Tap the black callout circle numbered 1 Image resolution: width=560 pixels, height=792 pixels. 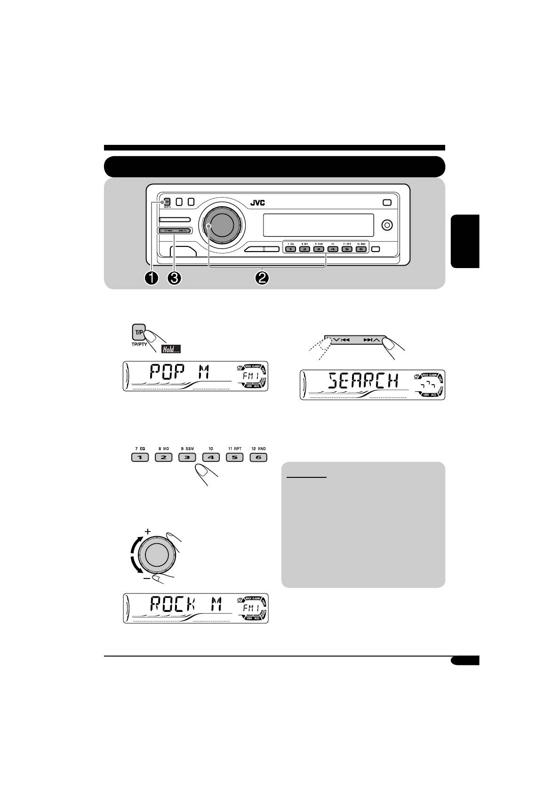click(x=152, y=278)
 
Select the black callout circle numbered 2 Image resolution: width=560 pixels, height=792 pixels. click(x=262, y=278)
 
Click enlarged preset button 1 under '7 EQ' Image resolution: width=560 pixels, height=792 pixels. click(x=139, y=457)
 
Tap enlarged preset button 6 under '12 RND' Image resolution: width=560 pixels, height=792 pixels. click(x=258, y=457)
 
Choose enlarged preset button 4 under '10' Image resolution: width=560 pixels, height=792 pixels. click(x=210, y=457)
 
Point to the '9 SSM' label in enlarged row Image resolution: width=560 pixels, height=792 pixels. click(x=187, y=449)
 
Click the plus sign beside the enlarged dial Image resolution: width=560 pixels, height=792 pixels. click(x=148, y=531)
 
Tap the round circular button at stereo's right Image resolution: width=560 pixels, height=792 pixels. click(x=386, y=225)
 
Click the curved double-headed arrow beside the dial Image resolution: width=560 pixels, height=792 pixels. click(x=134, y=554)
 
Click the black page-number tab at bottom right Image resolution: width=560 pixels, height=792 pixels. click(x=464, y=661)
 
